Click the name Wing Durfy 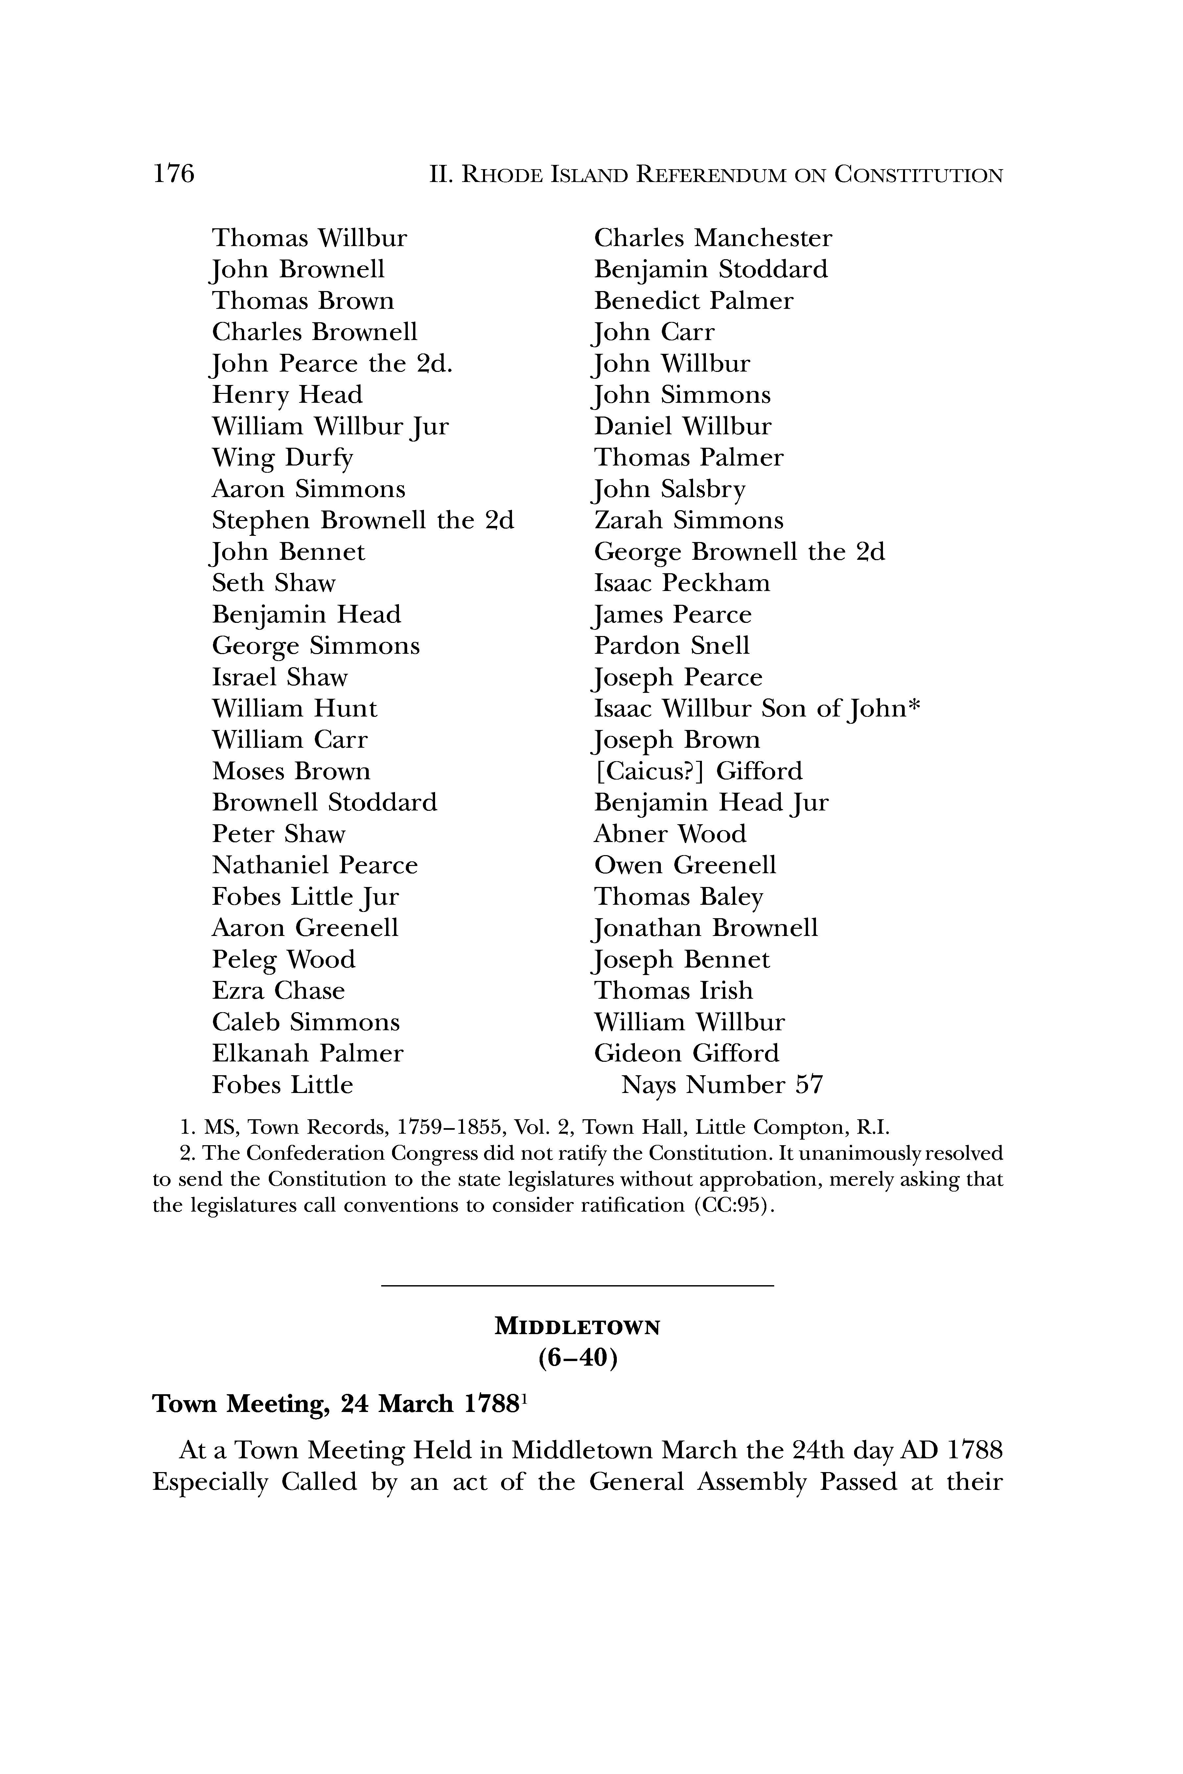282,458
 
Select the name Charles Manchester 713,239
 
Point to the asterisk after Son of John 915,707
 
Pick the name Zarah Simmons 689,520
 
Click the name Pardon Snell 671,646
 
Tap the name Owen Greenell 685,865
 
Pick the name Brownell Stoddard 324,803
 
